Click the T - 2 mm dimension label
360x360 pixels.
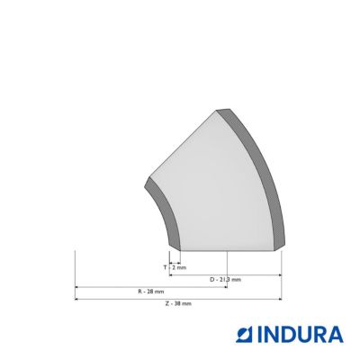point(175,267)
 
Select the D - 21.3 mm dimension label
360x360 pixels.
point(225,280)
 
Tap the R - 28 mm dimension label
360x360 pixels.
point(151,292)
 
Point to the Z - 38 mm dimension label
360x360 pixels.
point(178,303)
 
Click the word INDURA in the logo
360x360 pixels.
point(301,335)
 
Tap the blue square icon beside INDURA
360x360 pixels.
point(245,335)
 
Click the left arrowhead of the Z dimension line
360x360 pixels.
point(76,299)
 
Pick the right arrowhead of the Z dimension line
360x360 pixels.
point(280,299)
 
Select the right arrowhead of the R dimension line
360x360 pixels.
point(226,287)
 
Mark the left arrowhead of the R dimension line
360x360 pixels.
point(76,287)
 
